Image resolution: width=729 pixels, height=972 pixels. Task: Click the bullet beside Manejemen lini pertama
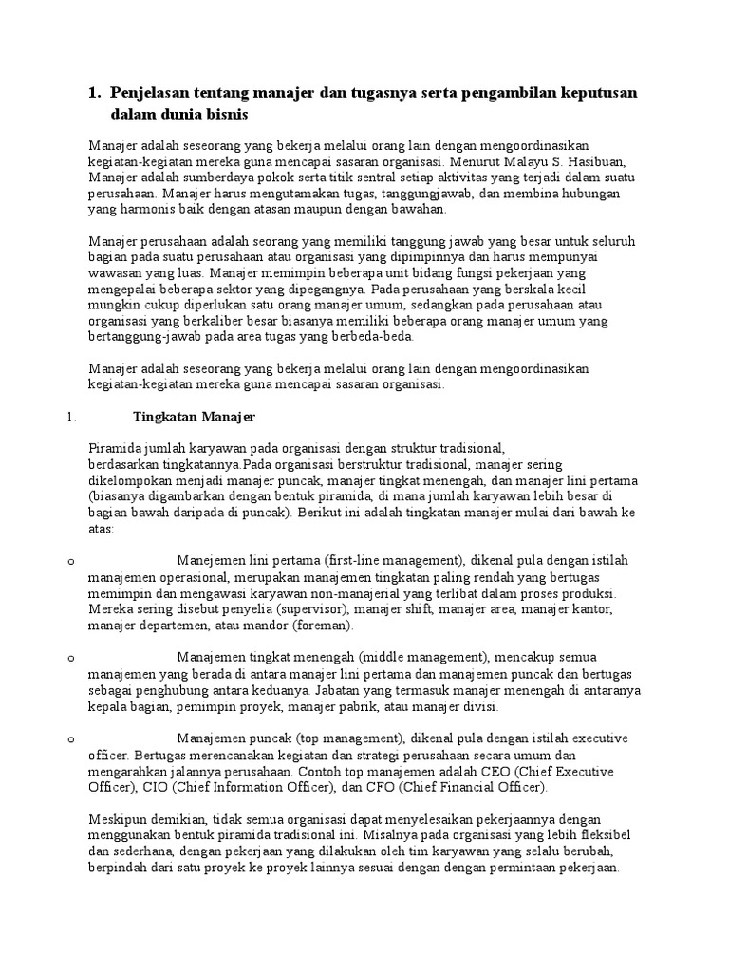(x=71, y=561)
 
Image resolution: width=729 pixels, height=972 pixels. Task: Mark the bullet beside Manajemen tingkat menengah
(x=71, y=658)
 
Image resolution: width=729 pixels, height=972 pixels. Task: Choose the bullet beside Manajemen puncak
(x=71, y=738)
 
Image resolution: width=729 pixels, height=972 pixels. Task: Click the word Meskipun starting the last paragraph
(x=120, y=819)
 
